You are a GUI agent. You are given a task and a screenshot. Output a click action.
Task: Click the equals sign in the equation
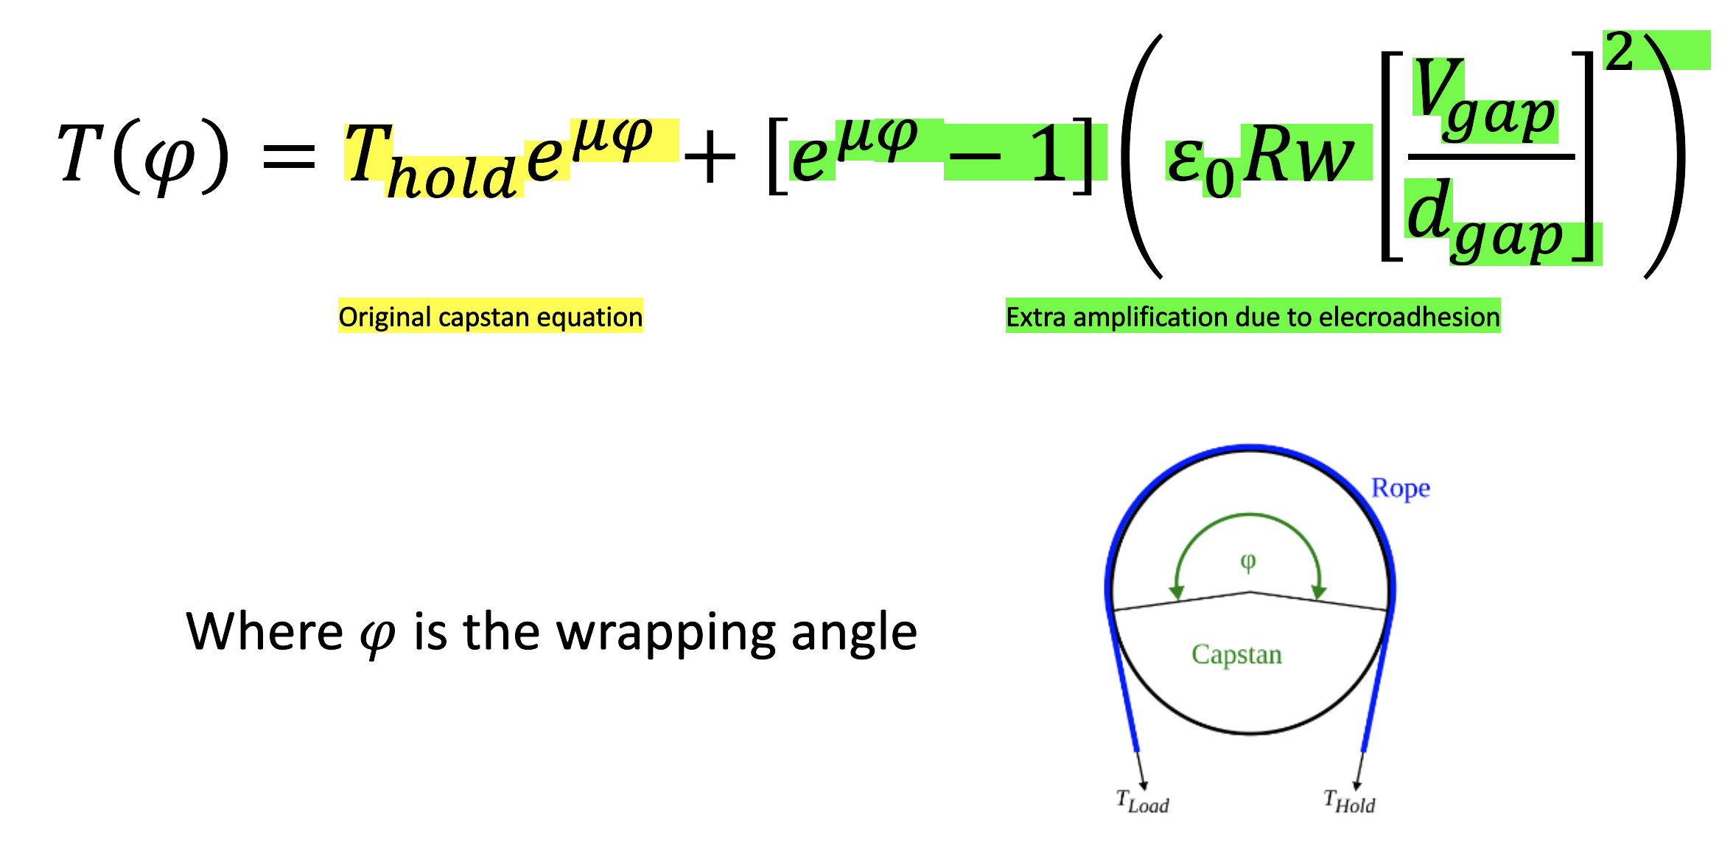tap(290, 156)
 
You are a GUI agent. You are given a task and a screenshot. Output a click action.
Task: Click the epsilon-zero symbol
tap(1200, 166)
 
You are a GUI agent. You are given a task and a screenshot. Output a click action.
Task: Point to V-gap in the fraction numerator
tap(1483, 99)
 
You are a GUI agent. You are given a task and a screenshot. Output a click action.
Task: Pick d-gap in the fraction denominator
tap(1482, 221)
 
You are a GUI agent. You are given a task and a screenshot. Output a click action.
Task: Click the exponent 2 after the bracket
tap(1619, 51)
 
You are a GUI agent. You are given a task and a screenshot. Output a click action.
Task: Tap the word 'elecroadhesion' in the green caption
tap(1409, 317)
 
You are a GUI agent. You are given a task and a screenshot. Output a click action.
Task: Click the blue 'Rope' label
tap(1400, 488)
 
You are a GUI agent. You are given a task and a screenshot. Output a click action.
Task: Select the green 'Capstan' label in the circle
tap(1236, 655)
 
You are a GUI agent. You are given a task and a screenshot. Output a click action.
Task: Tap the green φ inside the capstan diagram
tap(1247, 563)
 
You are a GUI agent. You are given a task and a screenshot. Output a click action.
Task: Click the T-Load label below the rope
tap(1142, 802)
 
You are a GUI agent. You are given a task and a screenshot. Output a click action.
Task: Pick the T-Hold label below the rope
tap(1349, 802)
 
